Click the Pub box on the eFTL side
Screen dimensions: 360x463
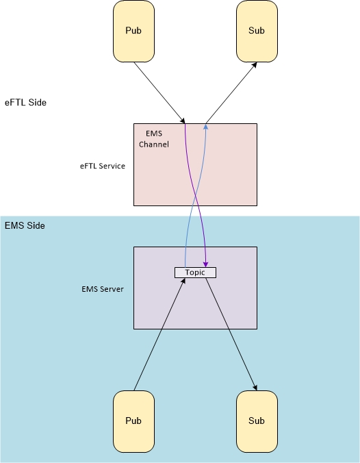133,32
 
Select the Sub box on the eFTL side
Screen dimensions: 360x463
257,32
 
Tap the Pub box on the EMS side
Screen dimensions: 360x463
133,421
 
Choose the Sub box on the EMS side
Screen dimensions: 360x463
257,421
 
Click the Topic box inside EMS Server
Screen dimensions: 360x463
195,273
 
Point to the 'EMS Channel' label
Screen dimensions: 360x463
154,139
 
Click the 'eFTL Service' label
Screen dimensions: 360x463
103,166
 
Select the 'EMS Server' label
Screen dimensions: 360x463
103,289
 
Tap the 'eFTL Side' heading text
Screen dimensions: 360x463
25,103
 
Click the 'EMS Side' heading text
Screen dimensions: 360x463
25,225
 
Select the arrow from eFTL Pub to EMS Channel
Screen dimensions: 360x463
159,92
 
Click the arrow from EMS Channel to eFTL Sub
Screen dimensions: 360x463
231,92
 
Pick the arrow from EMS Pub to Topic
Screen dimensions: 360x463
159,334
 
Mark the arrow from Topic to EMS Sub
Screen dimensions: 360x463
231,334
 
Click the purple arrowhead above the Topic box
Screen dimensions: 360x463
206,264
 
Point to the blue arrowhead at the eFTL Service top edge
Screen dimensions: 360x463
206,127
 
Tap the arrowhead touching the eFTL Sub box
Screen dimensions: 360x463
255,65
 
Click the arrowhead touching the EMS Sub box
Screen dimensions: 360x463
255,388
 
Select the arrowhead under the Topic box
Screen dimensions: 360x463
183,281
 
